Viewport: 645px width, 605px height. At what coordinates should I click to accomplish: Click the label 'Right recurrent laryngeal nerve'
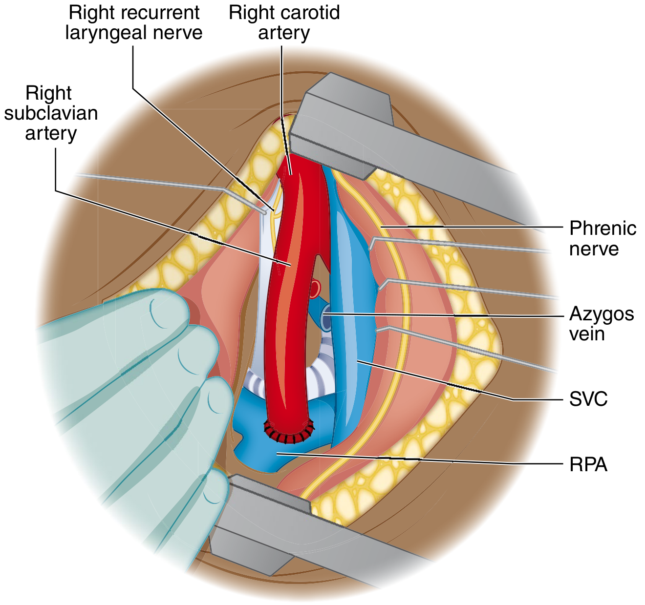pyautogui.click(x=134, y=23)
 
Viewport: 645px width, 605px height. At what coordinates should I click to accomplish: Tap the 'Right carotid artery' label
pyautogui.click(x=284, y=23)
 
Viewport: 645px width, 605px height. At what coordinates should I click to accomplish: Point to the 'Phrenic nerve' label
pyautogui.click(x=602, y=239)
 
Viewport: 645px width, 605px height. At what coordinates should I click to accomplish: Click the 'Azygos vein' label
pyautogui.click(x=602, y=324)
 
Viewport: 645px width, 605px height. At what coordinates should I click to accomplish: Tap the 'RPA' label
pyautogui.click(x=588, y=465)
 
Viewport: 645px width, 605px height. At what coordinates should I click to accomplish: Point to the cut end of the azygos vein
pyautogui.click(x=326, y=318)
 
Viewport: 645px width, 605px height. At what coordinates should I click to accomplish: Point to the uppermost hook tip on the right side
pyautogui.click(x=370, y=249)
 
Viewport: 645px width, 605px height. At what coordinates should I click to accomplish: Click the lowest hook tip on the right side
pyautogui.click(x=377, y=331)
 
